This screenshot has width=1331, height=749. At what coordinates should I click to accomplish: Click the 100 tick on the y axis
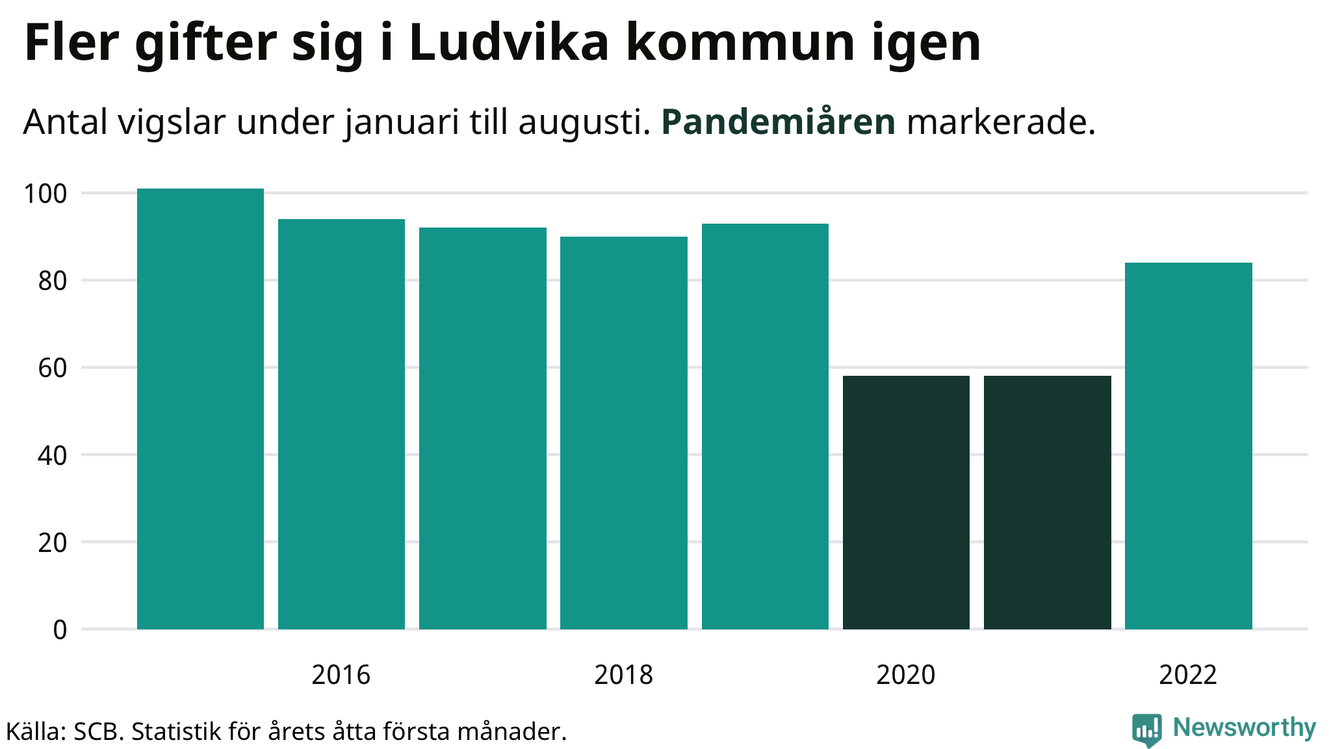coord(45,194)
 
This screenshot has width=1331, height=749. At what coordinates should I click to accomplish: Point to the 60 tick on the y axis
coord(52,369)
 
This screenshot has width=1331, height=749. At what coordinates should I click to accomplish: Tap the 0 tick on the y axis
coord(60,630)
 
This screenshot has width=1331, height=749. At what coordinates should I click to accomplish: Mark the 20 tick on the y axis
coord(52,543)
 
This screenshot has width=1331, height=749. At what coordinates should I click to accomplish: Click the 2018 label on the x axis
coord(623,675)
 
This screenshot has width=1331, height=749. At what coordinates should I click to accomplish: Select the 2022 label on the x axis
coord(1188,675)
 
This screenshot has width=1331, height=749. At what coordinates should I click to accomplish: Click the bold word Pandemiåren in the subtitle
coord(778,122)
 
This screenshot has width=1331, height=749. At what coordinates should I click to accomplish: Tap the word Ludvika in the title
coord(509,43)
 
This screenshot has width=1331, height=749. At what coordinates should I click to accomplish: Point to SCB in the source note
coord(98,731)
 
